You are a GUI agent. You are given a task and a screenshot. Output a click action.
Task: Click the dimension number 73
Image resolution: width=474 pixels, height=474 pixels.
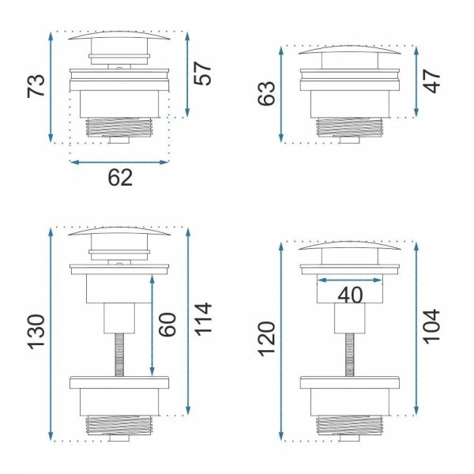click(x=36, y=85)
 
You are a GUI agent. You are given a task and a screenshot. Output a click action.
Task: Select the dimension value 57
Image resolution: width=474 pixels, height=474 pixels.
click(x=202, y=73)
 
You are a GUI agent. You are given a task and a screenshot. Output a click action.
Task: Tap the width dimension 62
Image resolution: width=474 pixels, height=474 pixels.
click(x=120, y=178)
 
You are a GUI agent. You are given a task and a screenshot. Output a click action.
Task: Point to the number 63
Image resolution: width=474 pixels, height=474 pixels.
click(x=266, y=93)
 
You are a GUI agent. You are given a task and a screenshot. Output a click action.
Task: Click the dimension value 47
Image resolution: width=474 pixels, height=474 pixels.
click(x=431, y=81)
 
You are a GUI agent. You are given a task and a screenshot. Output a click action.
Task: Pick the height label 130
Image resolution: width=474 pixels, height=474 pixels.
click(x=36, y=332)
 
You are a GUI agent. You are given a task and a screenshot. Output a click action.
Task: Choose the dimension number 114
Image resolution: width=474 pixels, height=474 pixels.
click(x=202, y=319)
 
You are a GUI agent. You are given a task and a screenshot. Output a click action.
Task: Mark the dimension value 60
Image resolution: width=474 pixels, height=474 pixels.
click(x=167, y=325)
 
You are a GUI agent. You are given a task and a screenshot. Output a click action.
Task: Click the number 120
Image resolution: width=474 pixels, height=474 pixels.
click(x=267, y=339)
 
